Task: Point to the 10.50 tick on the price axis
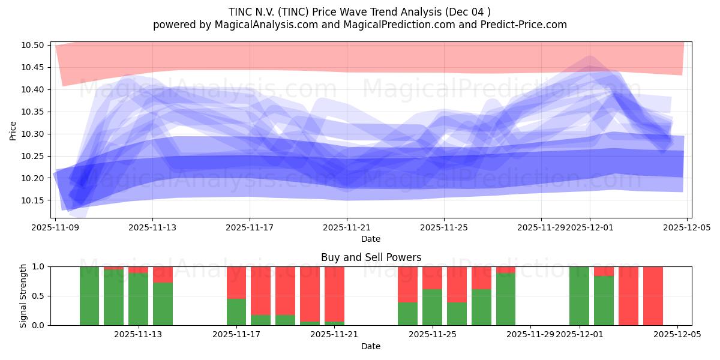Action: pyautogui.click(x=34, y=46)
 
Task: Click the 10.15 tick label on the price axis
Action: pyautogui.click(x=34, y=200)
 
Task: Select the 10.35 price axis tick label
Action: pyautogui.click(x=34, y=112)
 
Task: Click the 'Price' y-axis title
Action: pyautogui.click(x=13, y=130)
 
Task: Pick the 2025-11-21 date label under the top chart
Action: pyautogui.click(x=347, y=228)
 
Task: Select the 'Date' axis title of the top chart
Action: pyautogui.click(x=371, y=239)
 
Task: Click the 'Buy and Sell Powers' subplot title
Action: pyautogui.click(x=371, y=257)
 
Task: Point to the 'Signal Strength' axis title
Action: pyautogui.click(x=23, y=296)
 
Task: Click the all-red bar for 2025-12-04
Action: pyautogui.click(x=653, y=296)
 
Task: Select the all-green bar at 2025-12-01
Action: pyautogui.click(x=579, y=296)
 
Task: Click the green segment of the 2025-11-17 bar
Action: pyautogui.click(x=236, y=312)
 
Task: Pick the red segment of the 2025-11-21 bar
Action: pyautogui.click(x=334, y=285)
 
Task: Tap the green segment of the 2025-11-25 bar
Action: pyautogui.click(x=432, y=307)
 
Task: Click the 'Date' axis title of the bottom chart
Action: pyautogui.click(x=371, y=346)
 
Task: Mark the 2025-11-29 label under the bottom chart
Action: pyautogui.click(x=530, y=335)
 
